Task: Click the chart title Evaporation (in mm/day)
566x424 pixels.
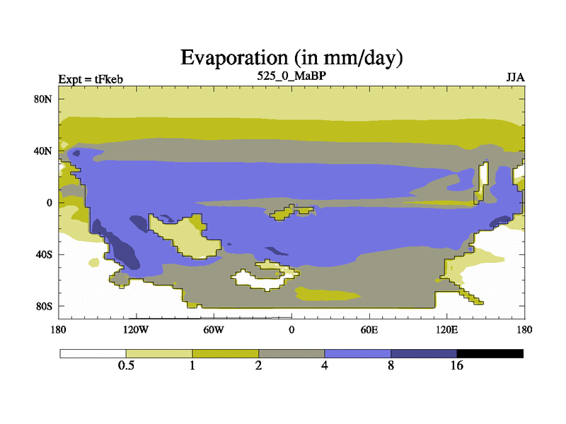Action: tap(291, 58)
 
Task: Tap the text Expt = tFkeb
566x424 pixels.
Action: tap(91, 79)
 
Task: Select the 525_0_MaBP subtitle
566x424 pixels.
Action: tap(291, 76)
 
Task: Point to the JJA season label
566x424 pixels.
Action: tap(516, 78)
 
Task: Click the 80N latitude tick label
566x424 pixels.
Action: tap(43, 99)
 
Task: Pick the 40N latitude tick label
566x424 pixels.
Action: tap(43, 151)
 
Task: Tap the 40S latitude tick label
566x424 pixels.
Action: tap(44, 254)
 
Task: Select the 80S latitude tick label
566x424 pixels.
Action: tap(44, 307)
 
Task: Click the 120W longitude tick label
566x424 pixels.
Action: tap(136, 329)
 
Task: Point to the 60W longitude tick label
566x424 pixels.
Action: tap(214, 329)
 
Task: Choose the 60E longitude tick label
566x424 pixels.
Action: tap(369, 329)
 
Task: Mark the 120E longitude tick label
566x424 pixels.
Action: tap(447, 329)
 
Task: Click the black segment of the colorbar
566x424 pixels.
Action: tap(490, 354)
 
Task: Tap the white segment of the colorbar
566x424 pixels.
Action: tap(93, 354)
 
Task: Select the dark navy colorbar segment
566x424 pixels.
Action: tap(424, 354)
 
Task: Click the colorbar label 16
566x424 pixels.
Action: tap(456, 365)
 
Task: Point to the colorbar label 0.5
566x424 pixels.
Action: tap(126, 365)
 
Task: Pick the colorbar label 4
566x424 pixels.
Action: tap(325, 365)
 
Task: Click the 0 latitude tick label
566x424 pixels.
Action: tap(49, 203)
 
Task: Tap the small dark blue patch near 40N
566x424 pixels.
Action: tap(76, 153)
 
